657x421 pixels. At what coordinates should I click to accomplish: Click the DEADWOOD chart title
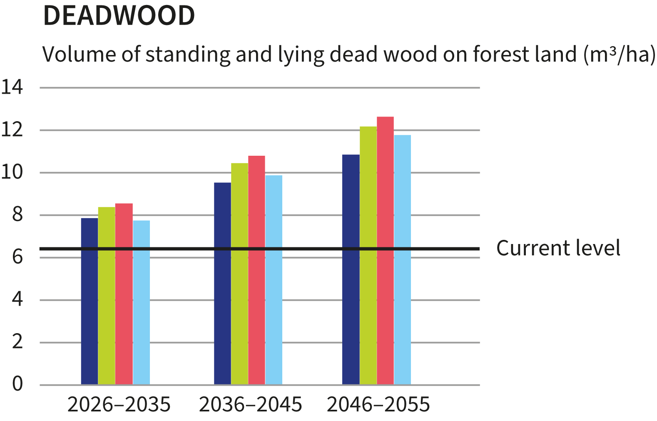pyautogui.click(x=119, y=16)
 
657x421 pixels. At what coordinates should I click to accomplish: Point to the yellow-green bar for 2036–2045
pyautogui.click(x=239, y=274)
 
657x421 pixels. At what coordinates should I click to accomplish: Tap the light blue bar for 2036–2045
pyautogui.click(x=274, y=280)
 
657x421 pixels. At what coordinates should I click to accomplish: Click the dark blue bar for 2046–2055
pyautogui.click(x=351, y=269)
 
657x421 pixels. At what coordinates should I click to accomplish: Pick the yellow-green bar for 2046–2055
pyautogui.click(x=368, y=255)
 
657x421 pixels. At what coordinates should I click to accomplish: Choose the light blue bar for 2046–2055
pyautogui.click(x=402, y=259)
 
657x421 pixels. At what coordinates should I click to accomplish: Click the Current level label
pyautogui.click(x=558, y=248)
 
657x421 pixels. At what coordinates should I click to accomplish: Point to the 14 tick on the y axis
pyautogui.click(x=12, y=87)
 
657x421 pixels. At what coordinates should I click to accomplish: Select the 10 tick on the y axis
pyautogui.click(x=12, y=172)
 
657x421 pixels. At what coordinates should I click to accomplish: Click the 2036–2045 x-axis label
pyautogui.click(x=250, y=404)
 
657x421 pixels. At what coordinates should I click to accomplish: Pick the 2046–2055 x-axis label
pyautogui.click(x=378, y=404)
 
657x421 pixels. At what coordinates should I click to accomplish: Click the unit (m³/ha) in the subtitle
pyautogui.click(x=619, y=55)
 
